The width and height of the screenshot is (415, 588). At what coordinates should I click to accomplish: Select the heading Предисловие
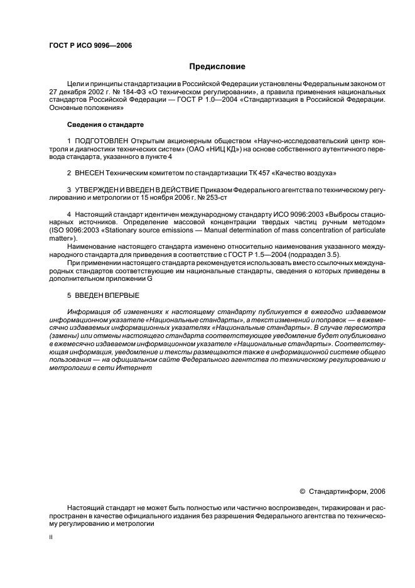click(x=217, y=67)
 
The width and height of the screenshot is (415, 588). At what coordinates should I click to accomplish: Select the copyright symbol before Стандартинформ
click(x=302, y=491)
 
